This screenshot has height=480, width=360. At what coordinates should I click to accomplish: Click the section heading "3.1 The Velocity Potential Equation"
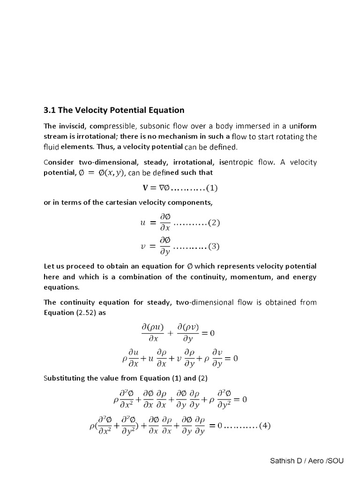(x=114, y=111)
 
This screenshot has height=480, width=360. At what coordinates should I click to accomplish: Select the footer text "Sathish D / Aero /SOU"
(x=307, y=461)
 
